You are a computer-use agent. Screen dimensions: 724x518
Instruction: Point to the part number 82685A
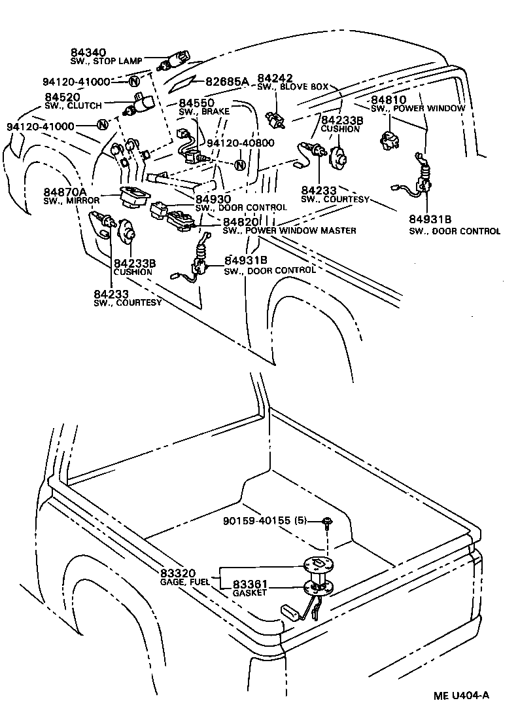click(227, 82)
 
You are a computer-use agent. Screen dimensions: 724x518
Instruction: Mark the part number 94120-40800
click(241, 143)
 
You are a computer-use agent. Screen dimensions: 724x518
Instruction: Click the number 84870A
click(65, 192)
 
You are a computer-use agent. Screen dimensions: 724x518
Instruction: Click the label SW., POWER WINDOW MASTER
click(289, 230)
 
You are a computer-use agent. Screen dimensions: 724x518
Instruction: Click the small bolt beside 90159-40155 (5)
click(326, 522)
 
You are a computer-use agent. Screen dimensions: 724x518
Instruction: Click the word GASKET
click(249, 593)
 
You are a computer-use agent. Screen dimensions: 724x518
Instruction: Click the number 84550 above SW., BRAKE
click(197, 103)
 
